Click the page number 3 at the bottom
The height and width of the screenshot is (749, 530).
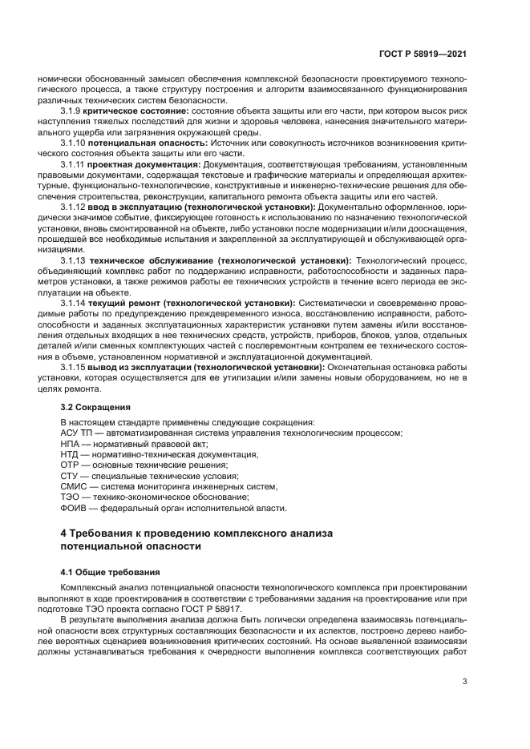pos(465,683)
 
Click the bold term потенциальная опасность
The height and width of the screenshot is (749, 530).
pos(145,142)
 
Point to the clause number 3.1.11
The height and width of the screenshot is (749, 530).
pos(75,163)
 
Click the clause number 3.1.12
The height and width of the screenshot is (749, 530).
pos(75,207)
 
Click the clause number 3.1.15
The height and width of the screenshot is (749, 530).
pos(75,367)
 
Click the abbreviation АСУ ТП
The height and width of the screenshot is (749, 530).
pos(78,433)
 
